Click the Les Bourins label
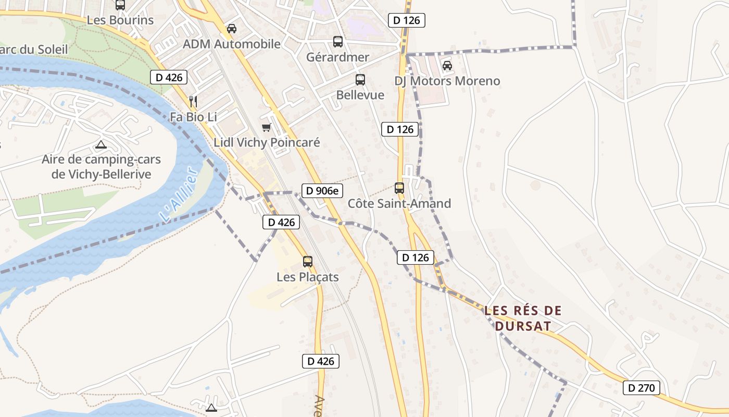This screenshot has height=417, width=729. coord(120,20)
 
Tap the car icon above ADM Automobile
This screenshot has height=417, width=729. coord(232,29)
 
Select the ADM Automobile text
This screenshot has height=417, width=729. coord(232,44)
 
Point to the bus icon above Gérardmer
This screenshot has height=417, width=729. coord(338,42)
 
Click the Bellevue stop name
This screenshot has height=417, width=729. coord(360,95)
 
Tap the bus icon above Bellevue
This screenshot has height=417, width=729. coord(360,80)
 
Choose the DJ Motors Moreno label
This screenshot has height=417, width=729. coord(447,81)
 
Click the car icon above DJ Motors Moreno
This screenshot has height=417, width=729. coord(447,66)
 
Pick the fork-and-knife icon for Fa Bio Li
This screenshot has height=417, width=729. coord(193,101)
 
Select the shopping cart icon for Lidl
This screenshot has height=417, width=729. coord(267,127)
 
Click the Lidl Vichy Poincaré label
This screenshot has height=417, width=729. coord(267,142)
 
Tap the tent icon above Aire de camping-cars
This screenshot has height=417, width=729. coord(101,144)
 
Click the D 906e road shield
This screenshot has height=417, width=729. coord(322,191)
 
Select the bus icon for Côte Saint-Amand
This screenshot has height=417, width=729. coord(399,188)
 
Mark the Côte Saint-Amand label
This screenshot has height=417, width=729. coord(399,203)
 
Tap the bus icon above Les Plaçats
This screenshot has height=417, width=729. coord(308,262)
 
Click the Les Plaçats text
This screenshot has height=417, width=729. coord(308,277)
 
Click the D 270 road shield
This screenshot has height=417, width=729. coord(642,388)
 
